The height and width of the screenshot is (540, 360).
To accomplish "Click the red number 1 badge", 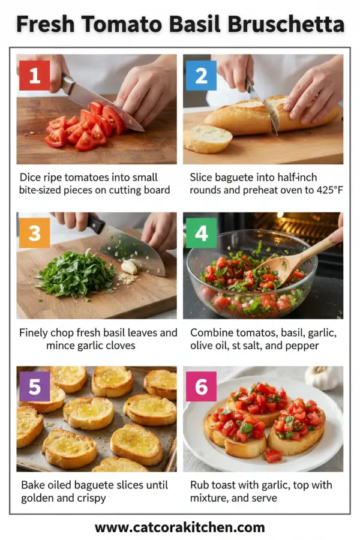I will tap(35, 75).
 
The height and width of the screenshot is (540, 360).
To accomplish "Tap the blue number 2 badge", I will tap(201, 75).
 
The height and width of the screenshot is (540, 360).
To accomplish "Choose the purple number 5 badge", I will tap(35, 387).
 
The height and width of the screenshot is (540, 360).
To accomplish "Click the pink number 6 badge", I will tap(201, 387).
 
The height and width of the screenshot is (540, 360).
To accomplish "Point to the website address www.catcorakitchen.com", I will tap(179, 527).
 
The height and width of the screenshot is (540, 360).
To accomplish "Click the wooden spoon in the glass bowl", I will tap(294, 258).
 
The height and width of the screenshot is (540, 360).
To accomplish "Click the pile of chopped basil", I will tap(75, 275).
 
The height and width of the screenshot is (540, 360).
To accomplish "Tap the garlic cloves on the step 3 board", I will tap(130, 267).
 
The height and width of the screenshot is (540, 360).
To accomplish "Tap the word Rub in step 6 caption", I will tap(200, 484).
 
